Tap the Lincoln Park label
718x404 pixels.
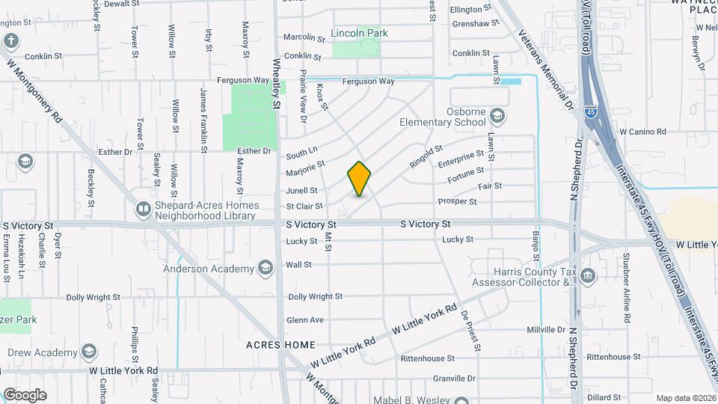coord(360,34)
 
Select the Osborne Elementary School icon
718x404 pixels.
coord(498,117)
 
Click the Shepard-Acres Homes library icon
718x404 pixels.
coord(143,210)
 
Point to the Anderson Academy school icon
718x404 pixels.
coord(265,269)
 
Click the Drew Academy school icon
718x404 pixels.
coord(89,352)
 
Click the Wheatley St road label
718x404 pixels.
coord(276,84)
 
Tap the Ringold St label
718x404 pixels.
coord(426,156)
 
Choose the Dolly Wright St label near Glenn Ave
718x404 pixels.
coord(316,297)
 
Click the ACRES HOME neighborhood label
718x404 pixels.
coord(280,345)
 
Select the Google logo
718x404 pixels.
coord(25,395)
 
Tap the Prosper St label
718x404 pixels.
coord(457,202)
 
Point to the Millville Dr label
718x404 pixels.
coord(547,330)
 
